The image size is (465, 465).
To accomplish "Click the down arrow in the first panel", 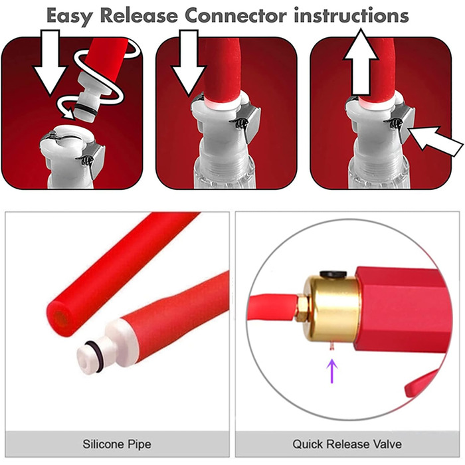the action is pyautogui.click(x=50, y=62).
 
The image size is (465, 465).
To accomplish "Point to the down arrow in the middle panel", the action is pyautogui.click(x=189, y=63).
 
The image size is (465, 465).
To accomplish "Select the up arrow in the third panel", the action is pyautogui.click(x=361, y=62).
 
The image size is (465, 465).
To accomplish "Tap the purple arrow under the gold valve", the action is pyautogui.click(x=332, y=371).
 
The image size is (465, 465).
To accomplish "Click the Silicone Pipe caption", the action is pyautogui.click(x=117, y=444).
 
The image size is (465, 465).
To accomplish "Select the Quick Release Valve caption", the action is pyautogui.click(x=347, y=444).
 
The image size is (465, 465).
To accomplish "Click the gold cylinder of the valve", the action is pyautogui.click(x=331, y=308).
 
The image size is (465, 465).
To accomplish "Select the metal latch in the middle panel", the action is pyautogui.click(x=249, y=122).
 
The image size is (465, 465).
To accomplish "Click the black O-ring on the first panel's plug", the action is pyautogui.click(x=86, y=108).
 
